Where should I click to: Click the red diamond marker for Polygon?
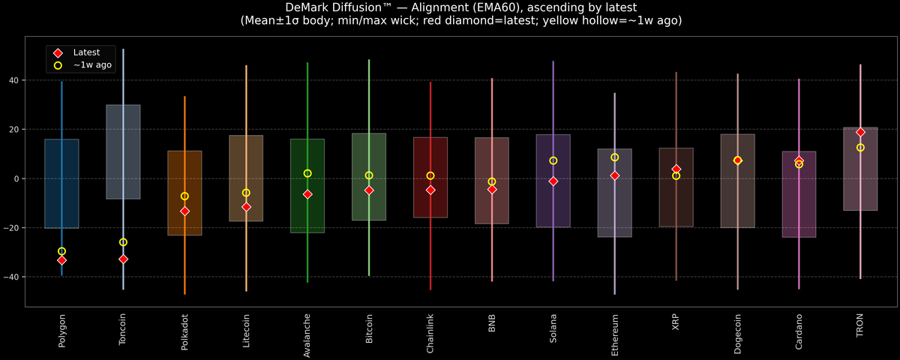61,260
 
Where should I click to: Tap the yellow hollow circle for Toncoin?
123,242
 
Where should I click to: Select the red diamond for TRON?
860,132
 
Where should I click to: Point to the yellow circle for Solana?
553,160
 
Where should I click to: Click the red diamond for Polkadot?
184,211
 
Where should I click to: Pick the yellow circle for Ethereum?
615,157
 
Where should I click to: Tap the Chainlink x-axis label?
430,333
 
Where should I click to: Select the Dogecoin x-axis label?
738,333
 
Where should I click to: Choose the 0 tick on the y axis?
17,178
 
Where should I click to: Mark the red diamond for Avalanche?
307,194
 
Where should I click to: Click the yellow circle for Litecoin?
246,193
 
